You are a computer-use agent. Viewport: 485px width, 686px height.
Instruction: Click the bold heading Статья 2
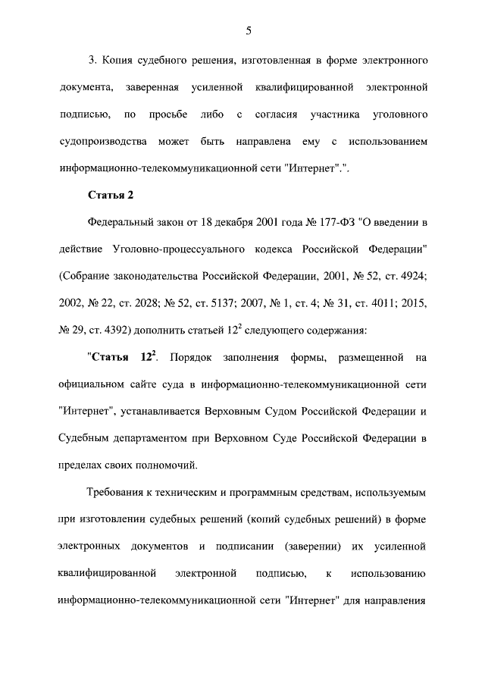[x=110, y=196]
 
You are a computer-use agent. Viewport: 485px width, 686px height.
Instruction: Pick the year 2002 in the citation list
[x=72, y=304]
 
